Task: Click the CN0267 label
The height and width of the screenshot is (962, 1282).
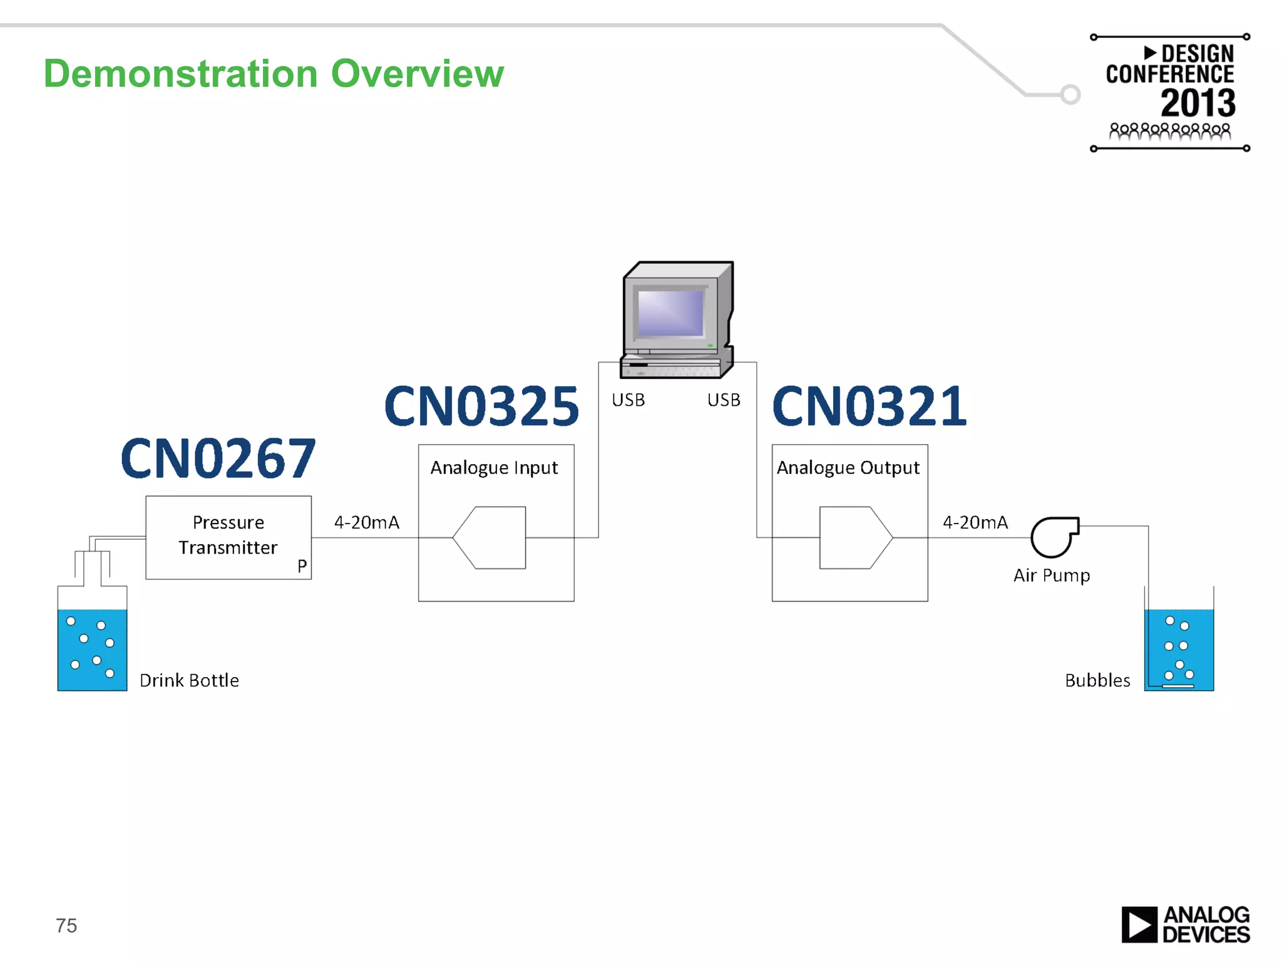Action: click(218, 458)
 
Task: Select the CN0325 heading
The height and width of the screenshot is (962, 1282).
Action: click(481, 406)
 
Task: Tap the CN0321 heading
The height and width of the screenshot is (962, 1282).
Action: click(869, 406)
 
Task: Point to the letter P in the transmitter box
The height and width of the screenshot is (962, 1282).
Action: click(302, 566)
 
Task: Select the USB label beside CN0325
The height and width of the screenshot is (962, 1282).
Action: click(628, 400)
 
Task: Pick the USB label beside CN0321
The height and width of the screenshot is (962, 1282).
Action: click(724, 400)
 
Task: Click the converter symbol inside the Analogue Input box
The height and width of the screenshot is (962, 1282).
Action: click(490, 537)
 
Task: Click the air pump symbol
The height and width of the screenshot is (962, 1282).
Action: click(1055, 537)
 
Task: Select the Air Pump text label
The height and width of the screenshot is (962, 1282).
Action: click(1052, 576)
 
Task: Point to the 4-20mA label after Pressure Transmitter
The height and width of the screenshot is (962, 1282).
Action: click(366, 522)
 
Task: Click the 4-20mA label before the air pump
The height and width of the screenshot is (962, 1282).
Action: click(975, 522)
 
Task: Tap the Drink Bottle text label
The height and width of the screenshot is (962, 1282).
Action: click(189, 681)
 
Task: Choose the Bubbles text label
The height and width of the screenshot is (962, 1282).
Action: click(1097, 681)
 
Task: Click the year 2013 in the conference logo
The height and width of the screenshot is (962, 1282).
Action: click(1198, 103)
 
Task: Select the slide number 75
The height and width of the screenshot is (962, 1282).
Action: click(66, 926)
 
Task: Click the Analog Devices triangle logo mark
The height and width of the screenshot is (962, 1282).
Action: click(1139, 924)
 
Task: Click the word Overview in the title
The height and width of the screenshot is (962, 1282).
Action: click(417, 74)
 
